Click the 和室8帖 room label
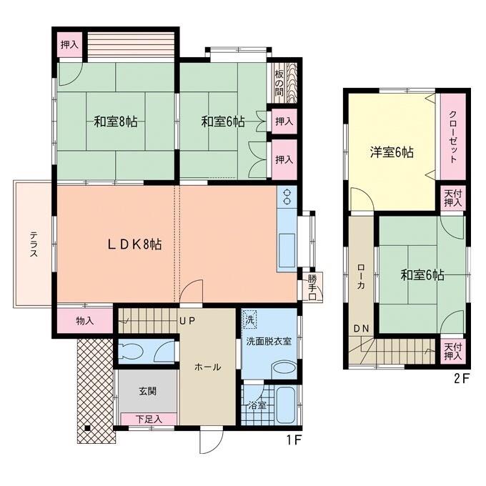(x=115, y=121)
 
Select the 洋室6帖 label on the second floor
(x=391, y=152)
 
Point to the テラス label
(x=34, y=243)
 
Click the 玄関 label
(x=148, y=391)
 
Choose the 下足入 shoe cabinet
(x=149, y=420)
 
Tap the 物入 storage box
(x=84, y=321)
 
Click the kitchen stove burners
(x=287, y=195)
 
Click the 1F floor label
(x=293, y=439)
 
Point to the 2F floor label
(x=461, y=379)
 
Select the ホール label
(x=207, y=367)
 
